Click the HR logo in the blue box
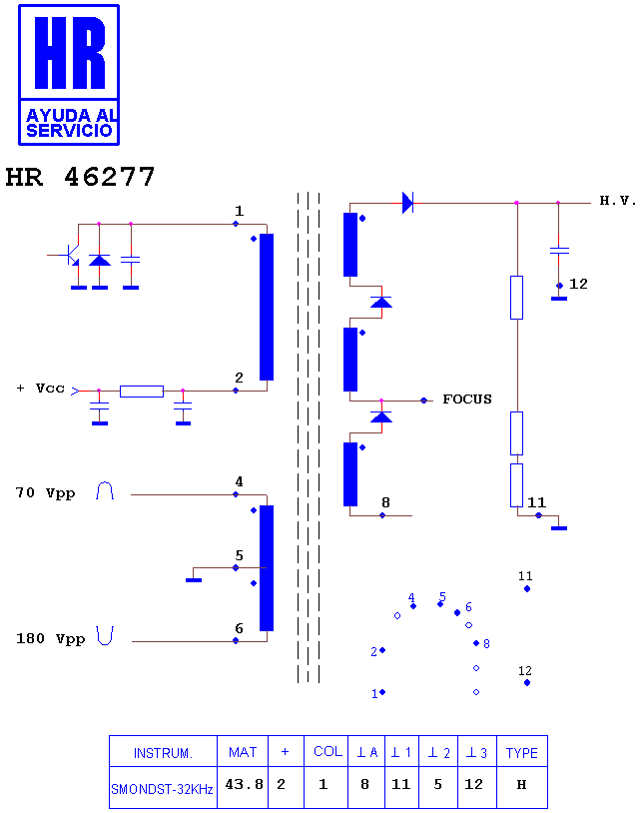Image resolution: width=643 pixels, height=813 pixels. tap(69, 75)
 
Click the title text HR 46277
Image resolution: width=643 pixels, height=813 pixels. tap(80, 177)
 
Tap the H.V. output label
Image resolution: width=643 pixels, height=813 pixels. tap(618, 200)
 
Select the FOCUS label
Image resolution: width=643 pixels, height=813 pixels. tap(467, 399)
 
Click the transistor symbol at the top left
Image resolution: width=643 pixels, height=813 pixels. tap(71, 255)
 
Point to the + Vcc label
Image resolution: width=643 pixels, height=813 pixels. tap(40, 389)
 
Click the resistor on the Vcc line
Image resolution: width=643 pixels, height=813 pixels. tap(142, 391)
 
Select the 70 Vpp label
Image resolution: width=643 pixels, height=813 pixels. tap(45, 492)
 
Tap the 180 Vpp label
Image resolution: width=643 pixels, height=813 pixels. tap(50, 638)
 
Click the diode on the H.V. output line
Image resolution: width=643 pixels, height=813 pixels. tap(408, 202)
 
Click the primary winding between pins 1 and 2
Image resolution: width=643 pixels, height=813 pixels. tap(267, 307)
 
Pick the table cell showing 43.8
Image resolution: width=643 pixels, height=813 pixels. tap(244, 784)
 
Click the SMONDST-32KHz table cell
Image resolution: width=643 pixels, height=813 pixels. tap(163, 789)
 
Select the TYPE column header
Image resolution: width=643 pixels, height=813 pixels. tap(522, 752)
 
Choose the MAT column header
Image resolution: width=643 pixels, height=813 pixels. tap(243, 752)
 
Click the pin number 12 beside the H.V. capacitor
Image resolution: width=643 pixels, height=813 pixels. tap(578, 284)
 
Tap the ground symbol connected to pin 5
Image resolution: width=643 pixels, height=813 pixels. tap(194, 579)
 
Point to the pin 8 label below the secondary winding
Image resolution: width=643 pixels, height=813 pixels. tap(385, 502)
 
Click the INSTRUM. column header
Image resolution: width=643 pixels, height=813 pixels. tap(163, 753)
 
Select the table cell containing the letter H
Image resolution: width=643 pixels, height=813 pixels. tap(522, 784)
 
